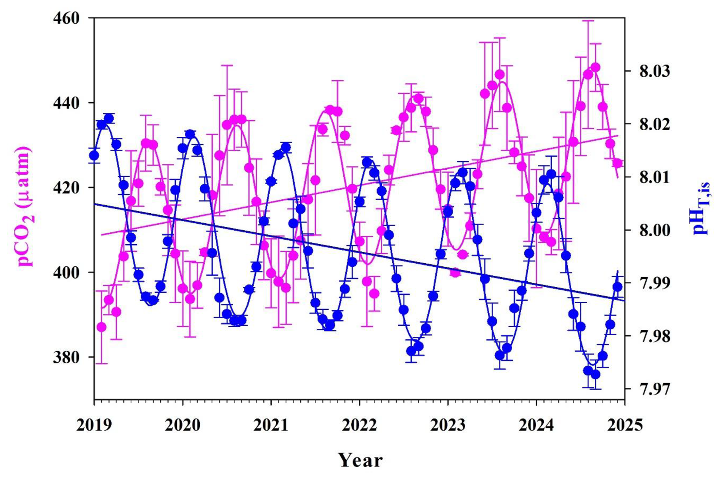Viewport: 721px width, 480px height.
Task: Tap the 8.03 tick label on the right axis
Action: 654,71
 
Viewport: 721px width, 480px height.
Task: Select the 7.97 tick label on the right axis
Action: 654,389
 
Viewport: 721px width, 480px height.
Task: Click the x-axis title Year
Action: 360,460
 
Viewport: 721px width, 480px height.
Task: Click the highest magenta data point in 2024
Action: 596,68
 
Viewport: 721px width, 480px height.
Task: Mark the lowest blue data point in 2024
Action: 596,374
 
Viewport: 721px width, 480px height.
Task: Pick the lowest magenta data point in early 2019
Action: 101,327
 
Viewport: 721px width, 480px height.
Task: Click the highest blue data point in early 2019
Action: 109,119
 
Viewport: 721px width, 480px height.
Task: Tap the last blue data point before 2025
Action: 617,287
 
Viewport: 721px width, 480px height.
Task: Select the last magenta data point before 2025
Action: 617,163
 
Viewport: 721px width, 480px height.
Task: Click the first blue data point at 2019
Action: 94,155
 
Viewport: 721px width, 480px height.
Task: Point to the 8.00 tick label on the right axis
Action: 654,230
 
